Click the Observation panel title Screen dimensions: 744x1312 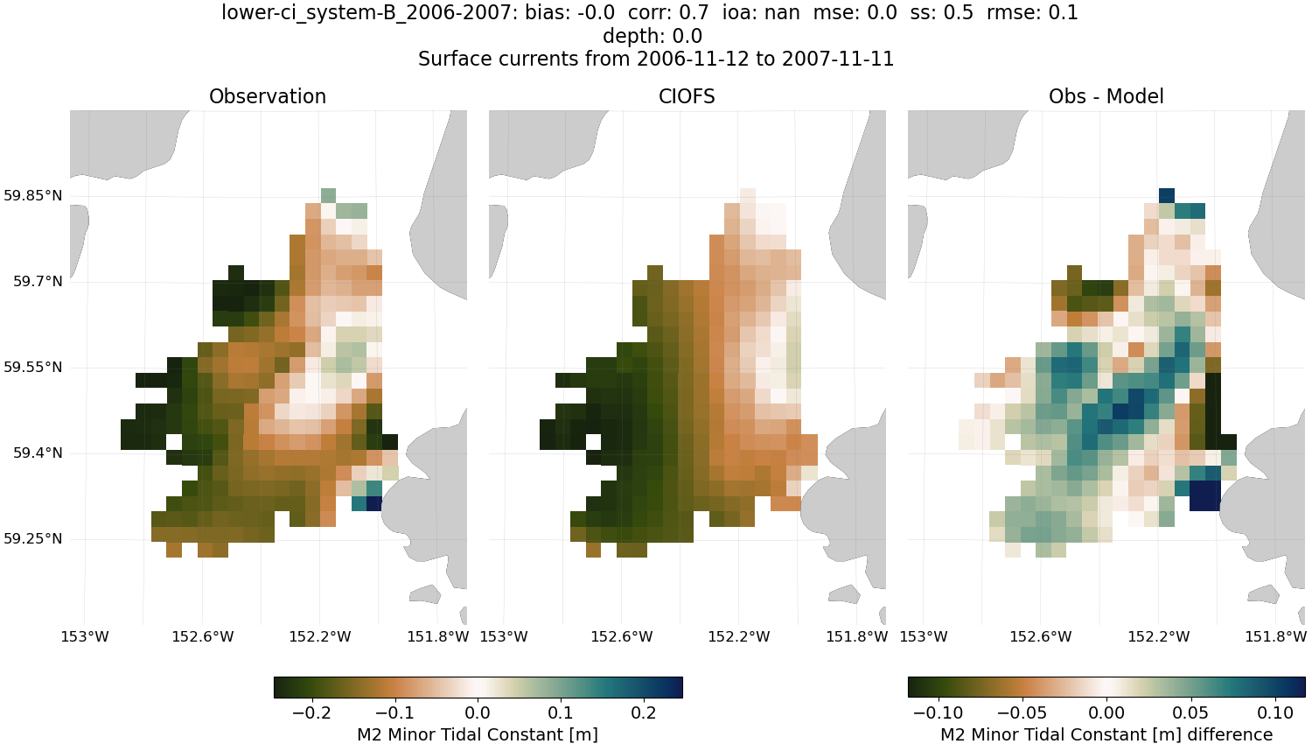tap(268, 96)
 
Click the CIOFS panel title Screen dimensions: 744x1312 tap(687, 96)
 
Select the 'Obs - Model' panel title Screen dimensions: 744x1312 tap(1106, 96)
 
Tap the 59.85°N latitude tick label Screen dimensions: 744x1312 tap(33, 195)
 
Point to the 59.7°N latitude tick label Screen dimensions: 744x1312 tap(38, 281)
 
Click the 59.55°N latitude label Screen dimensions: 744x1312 tap(33, 367)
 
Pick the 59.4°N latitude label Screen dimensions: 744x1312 tap(38, 453)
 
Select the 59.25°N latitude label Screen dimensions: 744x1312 tap(33, 538)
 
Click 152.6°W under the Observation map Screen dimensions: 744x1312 tap(202, 636)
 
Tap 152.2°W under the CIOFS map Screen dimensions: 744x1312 tap(739, 636)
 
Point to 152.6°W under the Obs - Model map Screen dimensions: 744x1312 tap(1040, 636)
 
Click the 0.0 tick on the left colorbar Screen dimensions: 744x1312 tap(478, 712)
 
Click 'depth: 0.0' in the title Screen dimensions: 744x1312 tap(653, 36)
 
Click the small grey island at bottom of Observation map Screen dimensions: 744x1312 tap(425, 595)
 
